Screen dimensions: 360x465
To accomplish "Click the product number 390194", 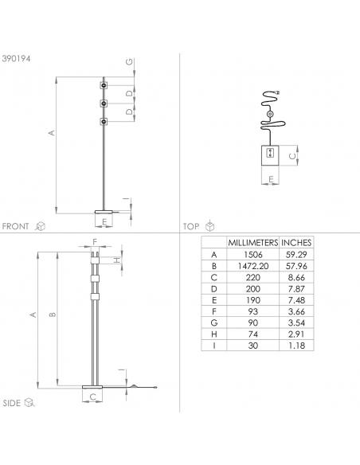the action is pyautogui.click(x=16, y=59).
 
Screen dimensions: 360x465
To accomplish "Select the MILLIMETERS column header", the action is pyautogui.click(x=253, y=243).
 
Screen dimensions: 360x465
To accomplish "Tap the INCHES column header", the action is pyautogui.click(x=296, y=243).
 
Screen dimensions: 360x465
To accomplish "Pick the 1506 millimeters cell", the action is pyautogui.click(x=253, y=255).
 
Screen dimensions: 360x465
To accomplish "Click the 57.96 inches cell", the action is pyautogui.click(x=296, y=266).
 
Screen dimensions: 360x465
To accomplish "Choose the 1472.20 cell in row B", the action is pyautogui.click(x=253, y=266).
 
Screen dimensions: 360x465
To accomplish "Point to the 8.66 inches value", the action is pyautogui.click(x=296, y=277).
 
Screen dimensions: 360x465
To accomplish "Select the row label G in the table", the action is pyautogui.click(x=213, y=322).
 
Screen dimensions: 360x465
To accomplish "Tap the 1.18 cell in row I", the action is pyautogui.click(x=296, y=346).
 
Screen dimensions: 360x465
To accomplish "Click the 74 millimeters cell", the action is pyautogui.click(x=253, y=334).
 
